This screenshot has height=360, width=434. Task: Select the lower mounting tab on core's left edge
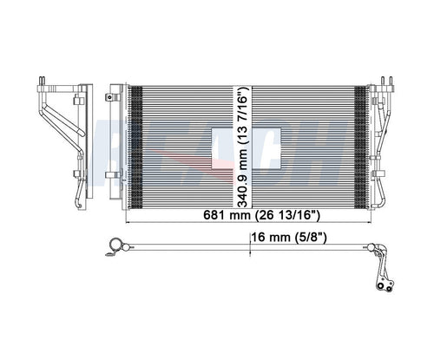tap(114, 175)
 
